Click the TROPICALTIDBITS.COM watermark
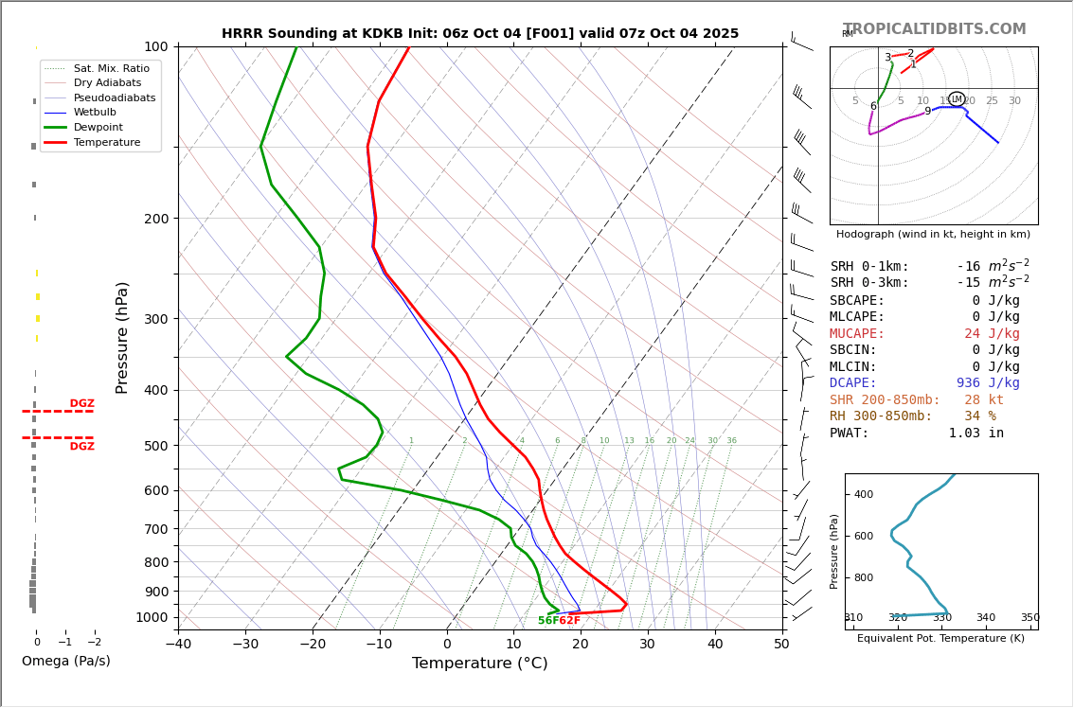coord(934,29)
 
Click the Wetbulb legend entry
coord(95,113)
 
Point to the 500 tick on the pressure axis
coord(155,446)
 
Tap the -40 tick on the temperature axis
coord(178,645)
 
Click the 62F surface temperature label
coord(569,621)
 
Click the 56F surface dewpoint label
coord(547,621)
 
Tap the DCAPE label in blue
coord(857,383)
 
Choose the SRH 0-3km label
coord(869,283)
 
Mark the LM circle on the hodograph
coord(957,99)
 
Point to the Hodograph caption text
coord(933,234)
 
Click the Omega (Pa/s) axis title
coord(66,662)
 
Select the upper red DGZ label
coord(81,404)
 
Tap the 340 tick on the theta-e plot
coord(986,618)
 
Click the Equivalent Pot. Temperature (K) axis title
coord(940,639)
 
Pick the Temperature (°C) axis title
coord(479,664)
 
